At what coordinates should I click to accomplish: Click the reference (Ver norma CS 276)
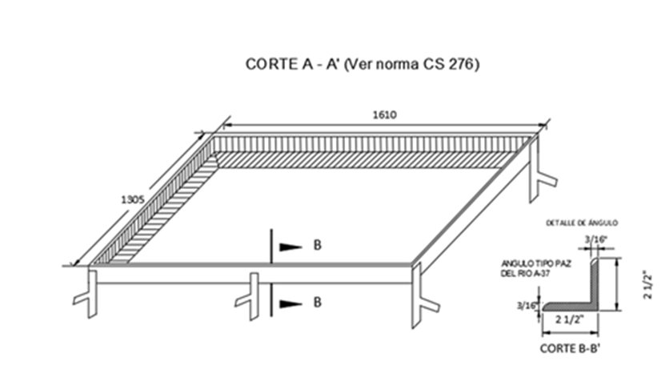coord(411,66)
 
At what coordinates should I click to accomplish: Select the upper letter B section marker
coord(317,247)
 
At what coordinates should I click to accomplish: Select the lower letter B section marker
coord(317,303)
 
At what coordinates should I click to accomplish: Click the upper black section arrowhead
coord(290,247)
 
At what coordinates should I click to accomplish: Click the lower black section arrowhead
coord(290,303)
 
